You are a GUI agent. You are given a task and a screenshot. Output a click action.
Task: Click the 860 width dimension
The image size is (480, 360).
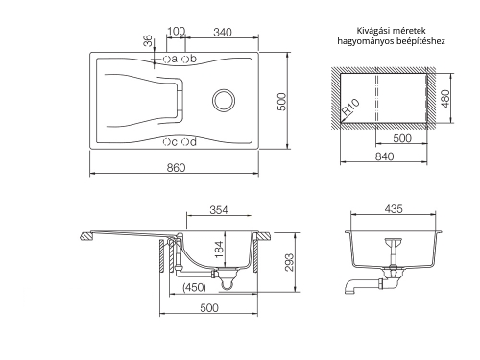176,167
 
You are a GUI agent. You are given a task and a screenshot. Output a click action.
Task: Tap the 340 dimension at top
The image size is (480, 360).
223,33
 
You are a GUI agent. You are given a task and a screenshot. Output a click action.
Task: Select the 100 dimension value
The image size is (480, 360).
177,31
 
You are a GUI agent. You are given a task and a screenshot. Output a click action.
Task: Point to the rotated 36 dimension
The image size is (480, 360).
148,41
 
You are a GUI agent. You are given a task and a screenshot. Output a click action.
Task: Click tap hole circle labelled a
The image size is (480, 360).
166,59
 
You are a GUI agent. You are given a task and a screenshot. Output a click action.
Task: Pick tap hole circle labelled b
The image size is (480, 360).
185,59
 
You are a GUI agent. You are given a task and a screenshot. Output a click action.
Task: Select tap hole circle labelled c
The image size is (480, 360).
166,142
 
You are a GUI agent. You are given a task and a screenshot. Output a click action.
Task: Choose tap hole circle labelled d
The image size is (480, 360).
185,142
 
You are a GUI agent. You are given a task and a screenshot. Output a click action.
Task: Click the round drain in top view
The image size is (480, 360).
224,100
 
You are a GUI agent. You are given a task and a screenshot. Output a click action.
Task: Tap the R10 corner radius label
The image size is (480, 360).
350,107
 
